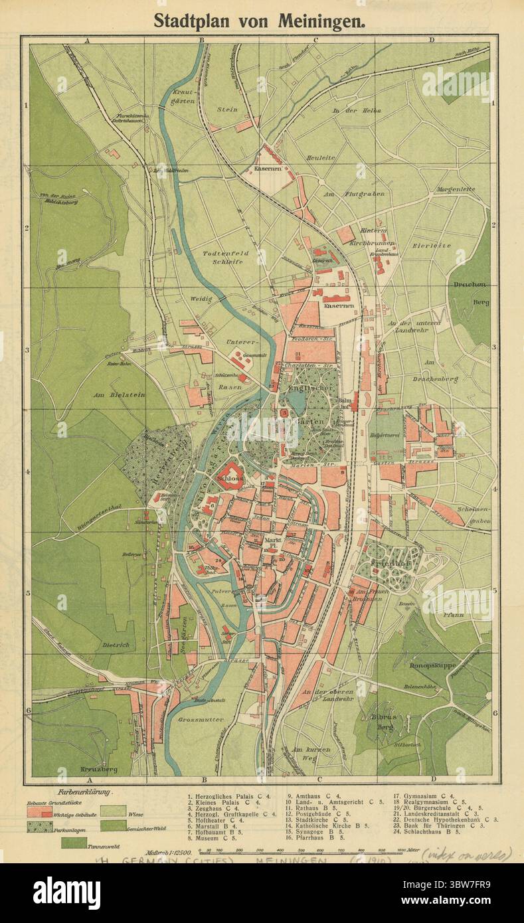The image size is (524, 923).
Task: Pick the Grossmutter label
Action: (x=205, y=719)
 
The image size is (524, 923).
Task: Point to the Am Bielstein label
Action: (x=118, y=394)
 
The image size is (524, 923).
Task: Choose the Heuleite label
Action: (x=321, y=157)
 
